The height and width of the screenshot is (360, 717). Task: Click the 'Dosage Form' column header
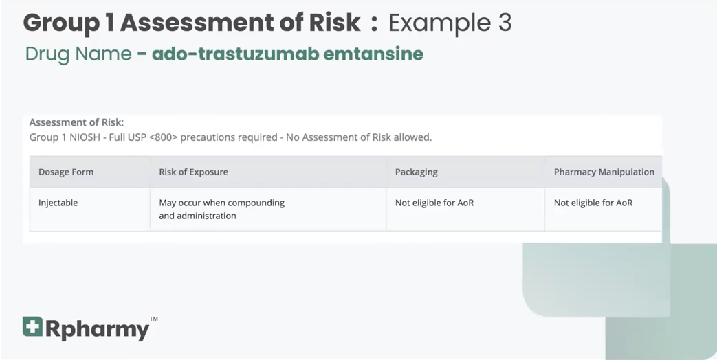(x=66, y=172)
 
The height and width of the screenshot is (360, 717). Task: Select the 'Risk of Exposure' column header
(x=193, y=172)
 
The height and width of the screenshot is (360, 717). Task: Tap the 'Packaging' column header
(x=416, y=172)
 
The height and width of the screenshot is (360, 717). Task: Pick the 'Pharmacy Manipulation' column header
(x=604, y=172)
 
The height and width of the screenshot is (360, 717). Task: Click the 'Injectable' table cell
(x=58, y=203)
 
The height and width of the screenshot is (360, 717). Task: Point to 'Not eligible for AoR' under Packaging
(x=434, y=203)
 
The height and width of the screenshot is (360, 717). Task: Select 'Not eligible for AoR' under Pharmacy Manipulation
(x=593, y=203)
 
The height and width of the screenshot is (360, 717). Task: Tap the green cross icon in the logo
(x=32, y=327)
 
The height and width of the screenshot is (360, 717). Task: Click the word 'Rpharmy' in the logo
(x=97, y=330)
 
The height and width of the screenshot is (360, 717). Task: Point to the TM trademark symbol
(x=153, y=319)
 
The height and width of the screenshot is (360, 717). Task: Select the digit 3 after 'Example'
(x=503, y=23)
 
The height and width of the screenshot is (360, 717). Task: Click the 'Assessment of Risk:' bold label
(x=76, y=122)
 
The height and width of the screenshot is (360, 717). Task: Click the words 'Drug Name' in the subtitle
(x=78, y=54)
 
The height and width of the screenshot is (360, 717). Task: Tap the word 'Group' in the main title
(x=62, y=23)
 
